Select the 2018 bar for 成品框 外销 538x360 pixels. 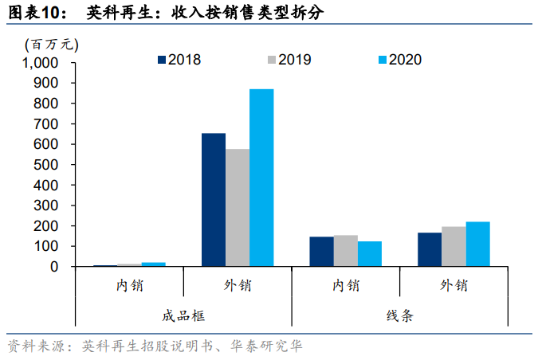click(x=213, y=199)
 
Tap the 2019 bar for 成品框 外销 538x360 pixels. click(x=238, y=207)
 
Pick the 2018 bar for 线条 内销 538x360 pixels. click(x=321, y=251)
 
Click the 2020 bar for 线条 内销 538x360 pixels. click(x=370, y=253)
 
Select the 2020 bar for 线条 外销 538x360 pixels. click(x=477, y=244)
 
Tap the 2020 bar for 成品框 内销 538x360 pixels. click(x=154, y=264)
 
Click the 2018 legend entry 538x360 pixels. click(x=179, y=60)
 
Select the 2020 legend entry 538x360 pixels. click(x=399, y=60)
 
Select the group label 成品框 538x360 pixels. click(x=183, y=315)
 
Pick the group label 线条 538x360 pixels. click(x=399, y=315)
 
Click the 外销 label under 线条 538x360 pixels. click(x=454, y=285)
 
